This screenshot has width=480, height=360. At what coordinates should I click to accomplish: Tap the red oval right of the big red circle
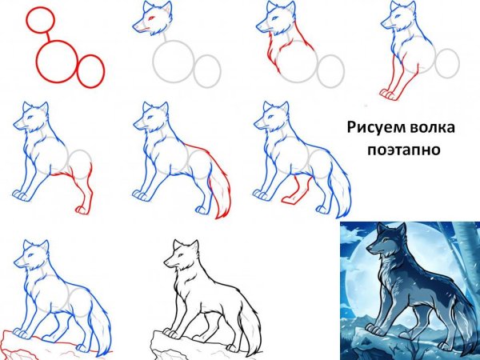(x=91, y=70)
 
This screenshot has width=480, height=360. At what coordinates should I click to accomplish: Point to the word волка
(x=433, y=126)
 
